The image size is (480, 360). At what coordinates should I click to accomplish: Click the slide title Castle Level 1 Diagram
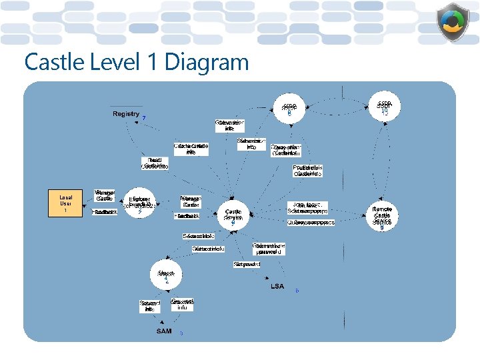(137, 63)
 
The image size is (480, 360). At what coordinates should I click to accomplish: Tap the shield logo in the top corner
(453, 22)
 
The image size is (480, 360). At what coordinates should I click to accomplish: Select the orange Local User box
(65, 203)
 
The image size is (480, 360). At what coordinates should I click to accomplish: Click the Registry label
(126, 114)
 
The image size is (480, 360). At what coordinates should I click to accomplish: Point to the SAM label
(164, 331)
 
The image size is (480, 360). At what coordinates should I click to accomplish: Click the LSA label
(277, 287)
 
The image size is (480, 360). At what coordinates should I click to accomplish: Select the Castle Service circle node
(233, 215)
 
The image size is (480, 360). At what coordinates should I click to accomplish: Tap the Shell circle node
(166, 276)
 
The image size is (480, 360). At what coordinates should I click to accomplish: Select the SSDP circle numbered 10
(385, 107)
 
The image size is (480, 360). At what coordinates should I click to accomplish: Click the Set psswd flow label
(247, 264)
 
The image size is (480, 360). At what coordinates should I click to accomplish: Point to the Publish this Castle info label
(308, 171)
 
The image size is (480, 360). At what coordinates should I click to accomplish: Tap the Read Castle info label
(155, 163)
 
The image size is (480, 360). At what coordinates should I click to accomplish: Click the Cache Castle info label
(191, 149)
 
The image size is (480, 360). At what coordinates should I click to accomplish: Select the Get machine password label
(269, 249)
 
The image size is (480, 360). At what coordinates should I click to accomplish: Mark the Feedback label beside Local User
(105, 212)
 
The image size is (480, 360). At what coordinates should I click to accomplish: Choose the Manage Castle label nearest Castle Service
(191, 201)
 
